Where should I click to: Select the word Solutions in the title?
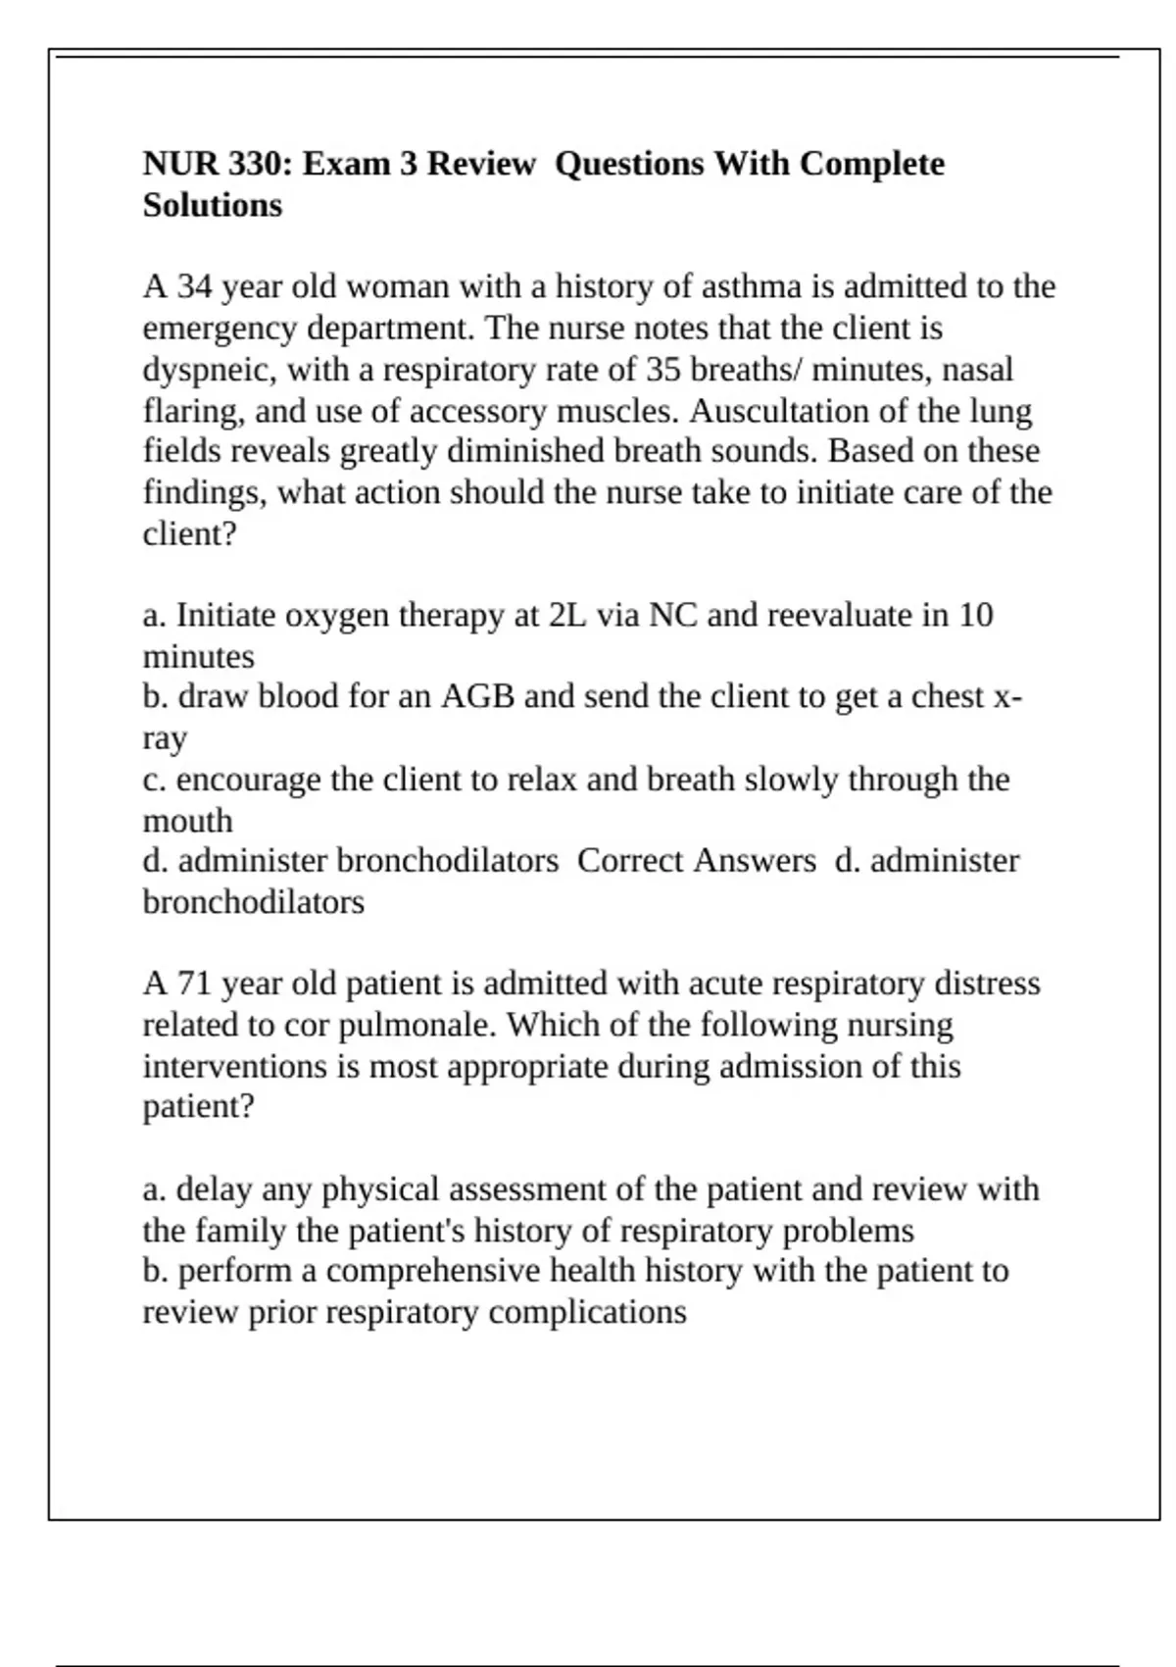pyautogui.click(x=213, y=206)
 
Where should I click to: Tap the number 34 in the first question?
pyautogui.click(x=194, y=287)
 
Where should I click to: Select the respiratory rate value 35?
pyautogui.click(x=663, y=370)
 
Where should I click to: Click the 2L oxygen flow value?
pyautogui.click(x=567, y=616)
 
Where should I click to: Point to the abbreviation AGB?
pyautogui.click(x=477, y=697)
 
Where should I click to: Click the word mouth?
pyautogui.click(x=188, y=821)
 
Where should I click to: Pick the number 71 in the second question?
pyautogui.click(x=194, y=984)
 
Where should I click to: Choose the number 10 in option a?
pyautogui.click(x=975, y=616)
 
